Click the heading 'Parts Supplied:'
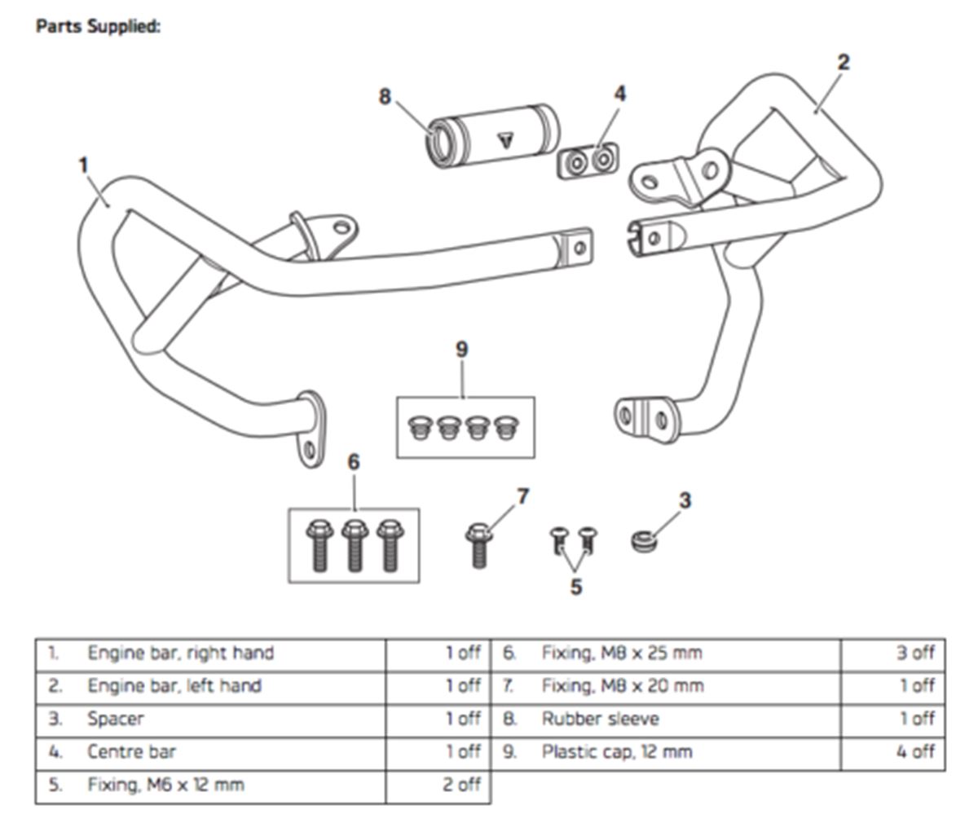tap(98, 26)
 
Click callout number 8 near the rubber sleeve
tap(385, 97)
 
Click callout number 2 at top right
tap(844, 62)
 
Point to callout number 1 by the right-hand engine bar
tap(82, 165)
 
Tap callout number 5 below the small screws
tap(575, 587)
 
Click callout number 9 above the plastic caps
tap(461, 350)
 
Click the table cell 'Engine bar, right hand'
tap(180, 654)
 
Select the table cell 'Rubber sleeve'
tap(600, 719)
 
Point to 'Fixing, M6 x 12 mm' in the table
tap(165, 785)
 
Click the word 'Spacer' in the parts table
tap(116, 719)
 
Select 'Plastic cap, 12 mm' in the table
tap(617, 751)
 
